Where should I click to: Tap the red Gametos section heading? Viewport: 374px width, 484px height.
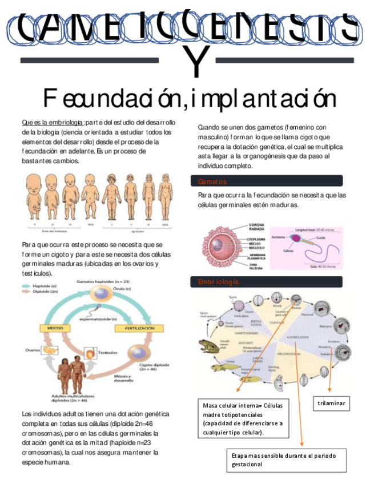(212, 181)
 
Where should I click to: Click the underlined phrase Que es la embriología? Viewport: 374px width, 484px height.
(53, 123)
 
